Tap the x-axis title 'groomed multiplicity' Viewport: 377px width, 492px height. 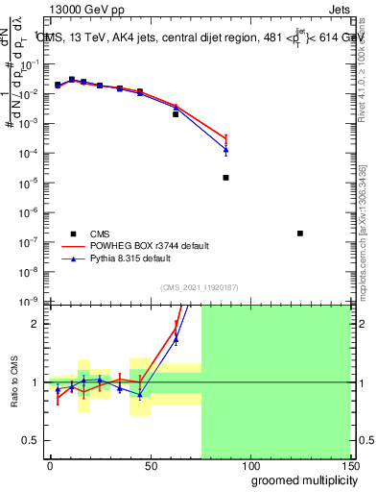coord(300,480)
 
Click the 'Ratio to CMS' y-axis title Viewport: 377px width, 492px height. coord(13,381)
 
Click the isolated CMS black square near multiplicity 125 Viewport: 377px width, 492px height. coord(300,234)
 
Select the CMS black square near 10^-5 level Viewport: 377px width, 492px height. coord(225,178)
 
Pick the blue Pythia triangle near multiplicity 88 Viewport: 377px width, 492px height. coord(225,150)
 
